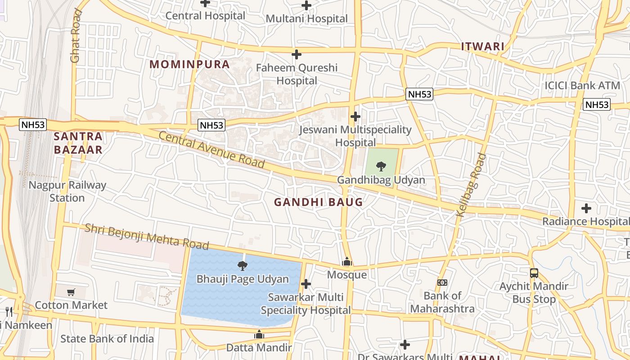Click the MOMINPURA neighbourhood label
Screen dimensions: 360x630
click(189, 64)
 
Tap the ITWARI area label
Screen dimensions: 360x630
click(483, 46)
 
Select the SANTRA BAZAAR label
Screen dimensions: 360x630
click(78, 143)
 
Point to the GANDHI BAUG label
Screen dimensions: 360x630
click(318, 202)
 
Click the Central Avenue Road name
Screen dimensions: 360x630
click(211, 150)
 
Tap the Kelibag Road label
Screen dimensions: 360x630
click(471, 185)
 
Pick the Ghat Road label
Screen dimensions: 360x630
click(76, 36)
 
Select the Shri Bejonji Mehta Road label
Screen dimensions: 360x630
click(147, 236)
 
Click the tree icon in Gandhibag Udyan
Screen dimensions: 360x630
click(381, 166)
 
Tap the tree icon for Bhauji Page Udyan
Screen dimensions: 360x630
click(242, 265)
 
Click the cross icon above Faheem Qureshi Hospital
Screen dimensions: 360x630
click(296, 54)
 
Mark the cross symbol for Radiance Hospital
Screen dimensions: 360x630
click(586, 208)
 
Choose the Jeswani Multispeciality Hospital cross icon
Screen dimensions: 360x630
click(355, 117)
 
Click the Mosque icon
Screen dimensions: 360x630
click(346, 261)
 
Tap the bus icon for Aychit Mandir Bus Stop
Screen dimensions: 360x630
click(534, 273)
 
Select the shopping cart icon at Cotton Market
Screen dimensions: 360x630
click(71, 292)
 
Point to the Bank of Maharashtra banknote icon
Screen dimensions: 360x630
click(442, 283)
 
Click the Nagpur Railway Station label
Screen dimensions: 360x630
click(67, 191)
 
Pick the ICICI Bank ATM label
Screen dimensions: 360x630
click(582, 85)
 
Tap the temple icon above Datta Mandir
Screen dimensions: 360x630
click(259, 334)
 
